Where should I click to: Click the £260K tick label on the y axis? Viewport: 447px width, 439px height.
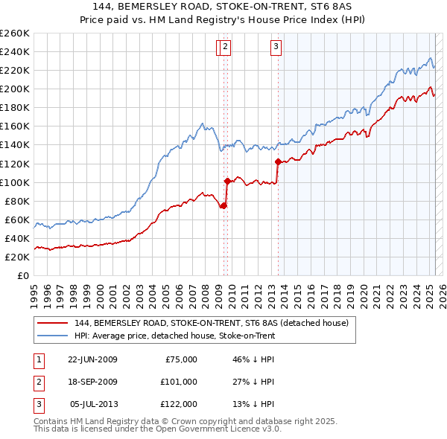tap(15, 33)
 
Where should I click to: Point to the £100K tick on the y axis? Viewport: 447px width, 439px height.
tap(15, 182)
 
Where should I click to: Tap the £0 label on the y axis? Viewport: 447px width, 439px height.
tap(23, 276)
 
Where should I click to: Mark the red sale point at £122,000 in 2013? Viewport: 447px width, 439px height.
tap(278, 161)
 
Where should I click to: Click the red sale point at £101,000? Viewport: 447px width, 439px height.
tap(227, 181)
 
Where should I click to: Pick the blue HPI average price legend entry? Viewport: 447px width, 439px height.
tap(174, 336)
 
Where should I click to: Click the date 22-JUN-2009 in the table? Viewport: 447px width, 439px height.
tap(92, 359)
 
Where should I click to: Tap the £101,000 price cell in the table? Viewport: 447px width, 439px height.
tap(179, 382)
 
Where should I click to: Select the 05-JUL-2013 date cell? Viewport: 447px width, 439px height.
tap(93, 404)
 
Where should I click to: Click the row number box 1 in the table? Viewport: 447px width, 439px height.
tap(39, 359)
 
